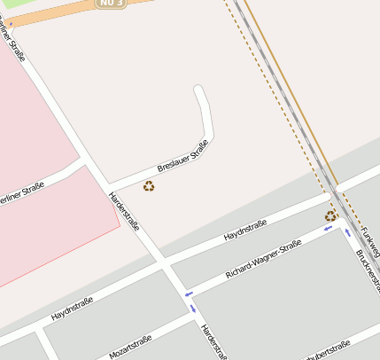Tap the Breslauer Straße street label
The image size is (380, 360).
pos(182,156)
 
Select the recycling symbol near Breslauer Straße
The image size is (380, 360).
pos(149,186)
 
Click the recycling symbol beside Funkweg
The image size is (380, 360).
pos(330,215)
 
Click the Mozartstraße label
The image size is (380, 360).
pos(130,347)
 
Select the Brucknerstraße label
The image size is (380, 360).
pos(367,271)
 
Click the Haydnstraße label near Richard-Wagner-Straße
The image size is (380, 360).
pos(245,232)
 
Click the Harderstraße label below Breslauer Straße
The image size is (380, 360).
pos(124,211)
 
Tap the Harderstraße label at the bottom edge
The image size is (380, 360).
pos(213,342)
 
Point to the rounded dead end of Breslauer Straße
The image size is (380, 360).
pos(199,90)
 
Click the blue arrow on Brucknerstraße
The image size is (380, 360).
pos(347,233)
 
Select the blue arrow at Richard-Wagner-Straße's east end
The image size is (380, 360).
pos(328,228)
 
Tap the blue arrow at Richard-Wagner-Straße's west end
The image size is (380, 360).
pos(188,293)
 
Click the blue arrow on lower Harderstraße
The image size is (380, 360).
pos(193,309)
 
